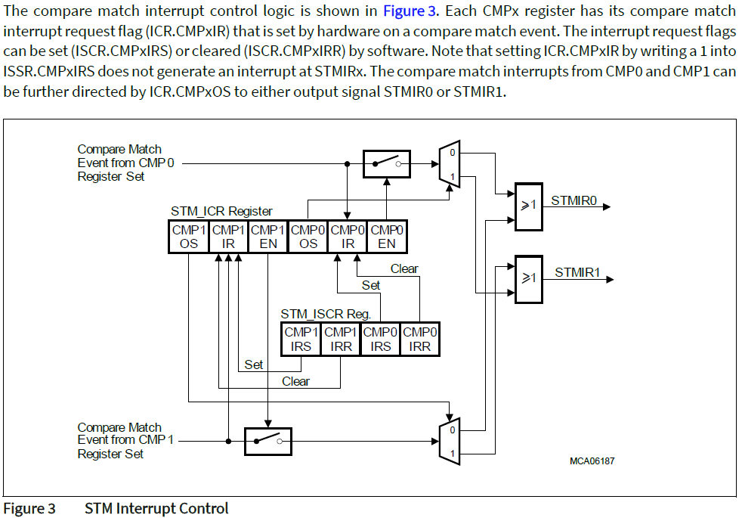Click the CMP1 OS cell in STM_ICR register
coord(188,236)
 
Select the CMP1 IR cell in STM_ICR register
coord(227,236)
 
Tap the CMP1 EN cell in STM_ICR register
coord(267,236)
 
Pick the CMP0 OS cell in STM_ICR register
coord(307,236)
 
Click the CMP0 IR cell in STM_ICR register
coord(347,236)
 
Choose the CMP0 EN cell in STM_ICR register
coord(386,236)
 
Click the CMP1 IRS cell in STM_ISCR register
coord(301,339)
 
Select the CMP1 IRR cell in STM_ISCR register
coord(340,339)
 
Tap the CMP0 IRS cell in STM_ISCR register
coord(380,339)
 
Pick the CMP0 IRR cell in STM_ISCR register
coord(419,339)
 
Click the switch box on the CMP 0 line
coord(386,163)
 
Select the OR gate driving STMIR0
coord(527,206)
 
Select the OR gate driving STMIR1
coord(527,278)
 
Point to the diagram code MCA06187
coord(592,461)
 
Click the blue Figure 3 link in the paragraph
coord(409,11)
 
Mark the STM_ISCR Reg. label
coord(326,313)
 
